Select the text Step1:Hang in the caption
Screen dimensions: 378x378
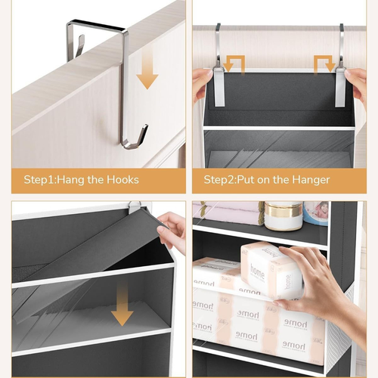pos(51,180)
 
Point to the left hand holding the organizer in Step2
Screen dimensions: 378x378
pos(202,83)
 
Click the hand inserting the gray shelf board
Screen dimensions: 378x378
pos(172,231)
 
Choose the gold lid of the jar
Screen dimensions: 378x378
pos(283,209)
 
